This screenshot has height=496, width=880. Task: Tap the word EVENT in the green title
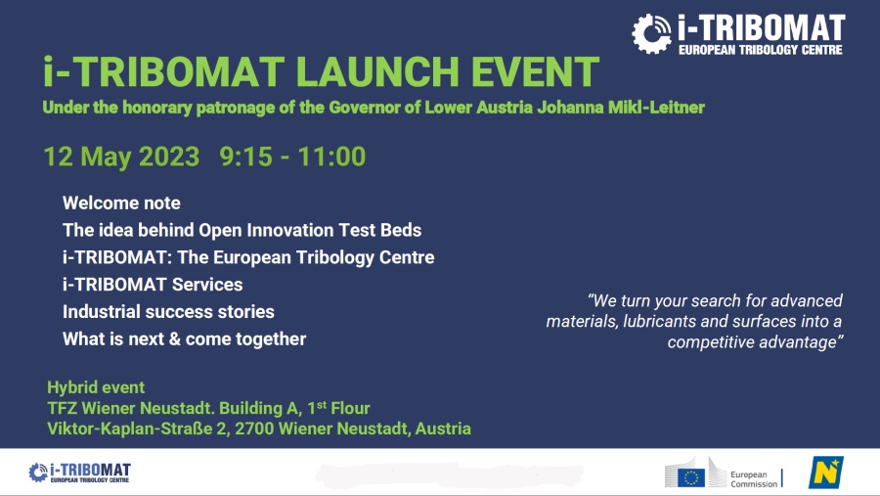536,71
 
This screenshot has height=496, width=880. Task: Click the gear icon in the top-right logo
651,33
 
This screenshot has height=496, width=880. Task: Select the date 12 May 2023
121,157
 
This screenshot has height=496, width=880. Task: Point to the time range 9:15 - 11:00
292,157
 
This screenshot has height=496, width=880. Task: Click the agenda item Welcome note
121,203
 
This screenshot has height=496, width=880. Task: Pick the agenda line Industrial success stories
168,312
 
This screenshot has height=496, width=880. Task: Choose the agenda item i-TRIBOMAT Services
153,285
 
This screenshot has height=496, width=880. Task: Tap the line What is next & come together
184,339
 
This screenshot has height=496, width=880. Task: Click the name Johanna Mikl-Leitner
620,108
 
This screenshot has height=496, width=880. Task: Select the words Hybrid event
96,387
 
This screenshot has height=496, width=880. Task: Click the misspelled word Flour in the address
350,408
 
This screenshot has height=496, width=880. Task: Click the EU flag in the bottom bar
691,477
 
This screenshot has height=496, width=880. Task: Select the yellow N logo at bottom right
826,473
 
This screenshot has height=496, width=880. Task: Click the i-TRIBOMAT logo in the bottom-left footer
79,473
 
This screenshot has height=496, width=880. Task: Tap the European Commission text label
754,479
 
